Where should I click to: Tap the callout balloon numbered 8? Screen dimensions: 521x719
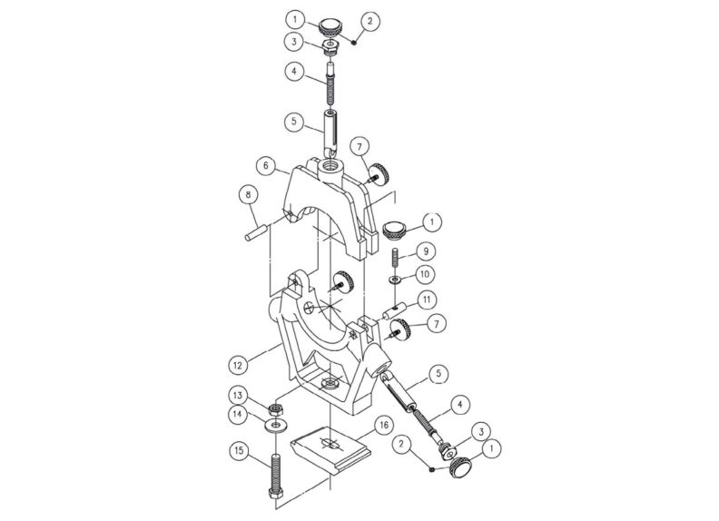[244, 193]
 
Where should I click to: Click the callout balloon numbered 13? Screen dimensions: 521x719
[237, 395]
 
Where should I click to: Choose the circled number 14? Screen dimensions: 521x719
[237, 413]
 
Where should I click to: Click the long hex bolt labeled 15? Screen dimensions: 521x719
[273, 467]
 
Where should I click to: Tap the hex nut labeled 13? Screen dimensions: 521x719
[274, 408]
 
